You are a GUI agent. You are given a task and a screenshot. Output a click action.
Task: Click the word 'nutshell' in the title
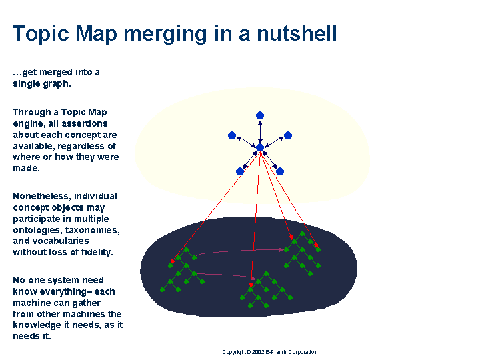[297, 33]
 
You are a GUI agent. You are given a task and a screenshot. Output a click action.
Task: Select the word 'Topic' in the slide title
[41, 35]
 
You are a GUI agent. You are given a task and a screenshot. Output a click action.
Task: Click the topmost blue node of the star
[260, 115]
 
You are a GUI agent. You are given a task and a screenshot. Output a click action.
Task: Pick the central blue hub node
[260, 147]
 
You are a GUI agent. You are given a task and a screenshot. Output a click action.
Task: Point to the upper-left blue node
[232, 135]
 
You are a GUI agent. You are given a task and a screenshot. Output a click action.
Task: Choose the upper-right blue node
[288, 135]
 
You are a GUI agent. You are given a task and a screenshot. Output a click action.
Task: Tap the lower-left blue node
[240, 171]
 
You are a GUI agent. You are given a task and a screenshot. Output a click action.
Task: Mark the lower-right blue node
[280, 171]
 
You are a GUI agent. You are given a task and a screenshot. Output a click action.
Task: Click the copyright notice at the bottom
[269, 352]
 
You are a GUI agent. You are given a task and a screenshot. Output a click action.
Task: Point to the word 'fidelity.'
[97, 252]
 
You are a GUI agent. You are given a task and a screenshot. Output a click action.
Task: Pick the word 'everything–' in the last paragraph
[66, 292]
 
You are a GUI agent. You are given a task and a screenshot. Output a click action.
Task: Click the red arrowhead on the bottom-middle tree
[251, 285]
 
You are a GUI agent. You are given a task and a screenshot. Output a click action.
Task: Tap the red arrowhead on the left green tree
[173, 261]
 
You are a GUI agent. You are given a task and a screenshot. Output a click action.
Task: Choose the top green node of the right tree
[302, 233]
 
